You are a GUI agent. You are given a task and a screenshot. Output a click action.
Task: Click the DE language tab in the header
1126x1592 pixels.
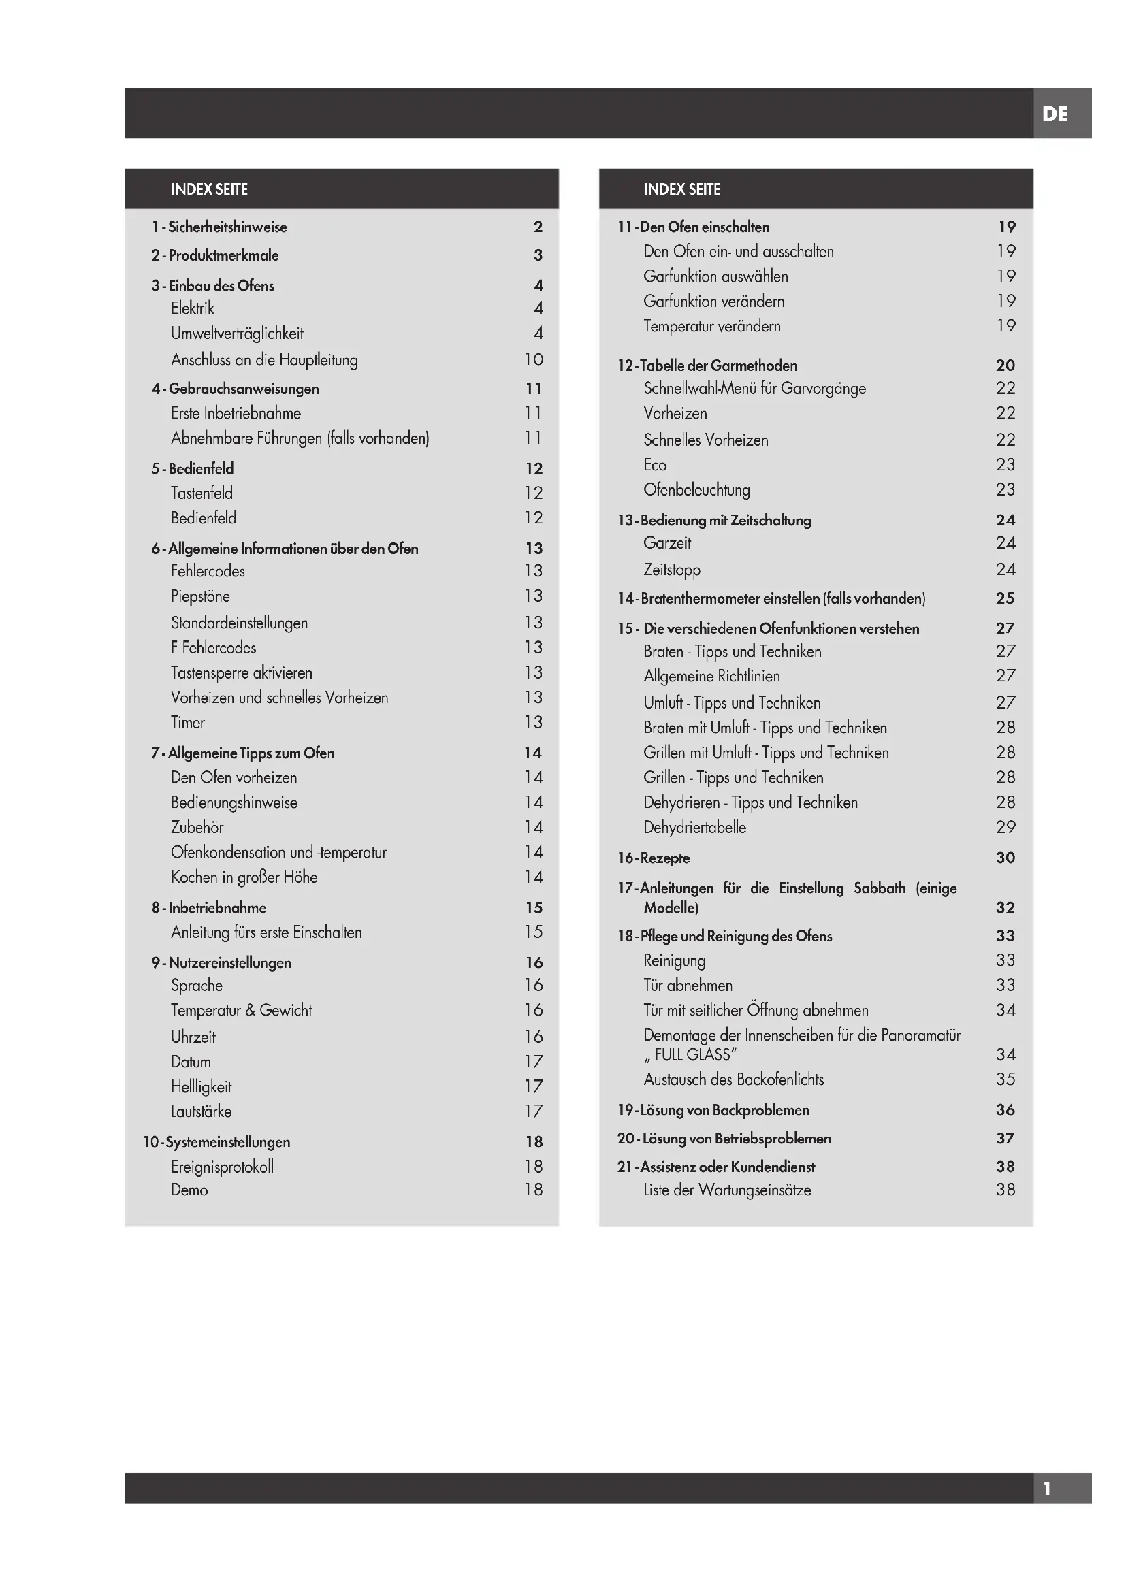coord(1055,114)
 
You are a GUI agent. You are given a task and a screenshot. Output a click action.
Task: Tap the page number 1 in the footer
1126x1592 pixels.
coord(1047,1488)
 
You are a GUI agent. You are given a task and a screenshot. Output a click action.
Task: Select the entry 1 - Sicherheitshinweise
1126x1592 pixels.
coord(219,227)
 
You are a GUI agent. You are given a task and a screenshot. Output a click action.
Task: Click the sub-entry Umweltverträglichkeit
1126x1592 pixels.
coord(237,333)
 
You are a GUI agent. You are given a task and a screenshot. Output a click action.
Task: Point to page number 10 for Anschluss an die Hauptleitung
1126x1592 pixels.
coord(533,359)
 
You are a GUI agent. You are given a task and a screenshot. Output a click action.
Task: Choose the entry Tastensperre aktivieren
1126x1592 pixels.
coord(241,672)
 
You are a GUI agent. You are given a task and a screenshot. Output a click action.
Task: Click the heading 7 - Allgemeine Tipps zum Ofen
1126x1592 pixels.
coord(242,753)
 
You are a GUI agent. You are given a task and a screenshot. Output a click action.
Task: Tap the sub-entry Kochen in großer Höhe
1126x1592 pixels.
coord(244,877)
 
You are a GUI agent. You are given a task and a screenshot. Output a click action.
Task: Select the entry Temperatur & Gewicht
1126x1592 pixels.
coord(241,1010)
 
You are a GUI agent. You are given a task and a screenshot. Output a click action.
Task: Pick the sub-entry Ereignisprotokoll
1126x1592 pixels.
coord(222,1167)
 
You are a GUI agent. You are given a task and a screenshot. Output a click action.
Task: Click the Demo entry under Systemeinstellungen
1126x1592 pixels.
coord(189,1190)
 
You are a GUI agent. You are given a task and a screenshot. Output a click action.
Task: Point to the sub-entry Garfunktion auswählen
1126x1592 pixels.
coord(715,276)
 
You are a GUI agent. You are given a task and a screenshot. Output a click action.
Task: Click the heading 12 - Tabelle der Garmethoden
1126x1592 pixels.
coord(707,365)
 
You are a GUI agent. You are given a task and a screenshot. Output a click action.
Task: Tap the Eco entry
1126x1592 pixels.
coord(654,465)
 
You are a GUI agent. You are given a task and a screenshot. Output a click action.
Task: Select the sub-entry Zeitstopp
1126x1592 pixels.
coord(671,570)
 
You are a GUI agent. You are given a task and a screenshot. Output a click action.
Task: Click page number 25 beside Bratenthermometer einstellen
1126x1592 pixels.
coord(1005,598)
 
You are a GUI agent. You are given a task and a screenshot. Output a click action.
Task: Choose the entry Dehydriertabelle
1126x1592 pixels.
coord(695,827)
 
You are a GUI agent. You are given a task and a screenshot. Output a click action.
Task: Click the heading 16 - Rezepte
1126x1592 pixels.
coord(653,858)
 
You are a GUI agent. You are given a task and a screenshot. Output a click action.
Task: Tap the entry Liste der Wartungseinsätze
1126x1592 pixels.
coord(726,1190)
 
